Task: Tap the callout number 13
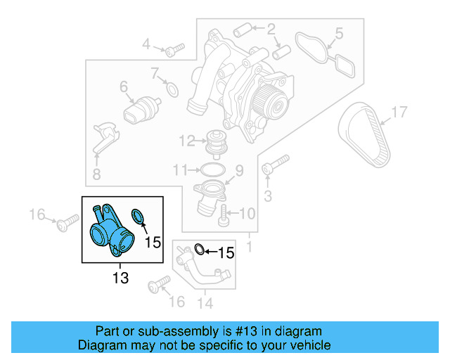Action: pos(120,278)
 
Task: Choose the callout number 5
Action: pos(338,32)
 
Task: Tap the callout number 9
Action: pos(238,170)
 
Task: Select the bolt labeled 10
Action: pos(224,213)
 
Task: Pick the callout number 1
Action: pos(249,247)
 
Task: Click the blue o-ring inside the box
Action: pos(139,214)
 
